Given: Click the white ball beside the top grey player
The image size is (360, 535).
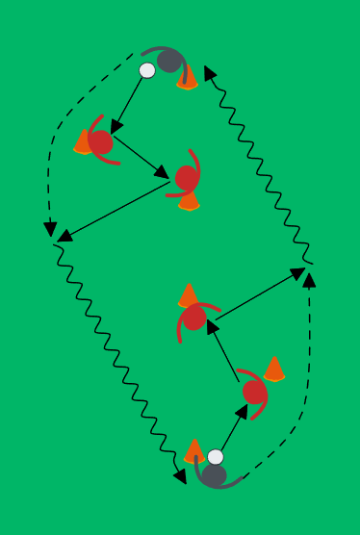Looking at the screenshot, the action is [x=147, y=70].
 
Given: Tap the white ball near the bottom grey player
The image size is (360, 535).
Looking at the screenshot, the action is [x=216, y=457].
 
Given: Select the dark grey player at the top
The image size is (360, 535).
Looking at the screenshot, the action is [x=170, y=62].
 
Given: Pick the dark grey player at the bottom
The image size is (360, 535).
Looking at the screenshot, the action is [x=214, y=474].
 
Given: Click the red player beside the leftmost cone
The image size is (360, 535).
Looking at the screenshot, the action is [x=101, y=142].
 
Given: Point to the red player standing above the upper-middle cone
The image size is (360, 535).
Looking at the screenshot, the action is [x=187, y=177].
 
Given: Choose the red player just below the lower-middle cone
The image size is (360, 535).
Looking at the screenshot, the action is [x=194, y=318].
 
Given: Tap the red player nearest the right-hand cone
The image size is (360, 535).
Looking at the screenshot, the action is [x=254, y=392].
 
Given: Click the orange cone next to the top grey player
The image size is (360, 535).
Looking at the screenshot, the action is [x=188, y=78].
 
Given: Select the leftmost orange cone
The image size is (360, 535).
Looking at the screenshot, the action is [x=84, y=142].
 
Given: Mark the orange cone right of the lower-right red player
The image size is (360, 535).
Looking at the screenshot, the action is [x=274, y=369].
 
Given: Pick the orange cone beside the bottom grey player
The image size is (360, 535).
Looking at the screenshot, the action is [x=194, y=450].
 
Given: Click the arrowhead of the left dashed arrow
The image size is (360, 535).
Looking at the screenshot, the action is [x=50, y=229].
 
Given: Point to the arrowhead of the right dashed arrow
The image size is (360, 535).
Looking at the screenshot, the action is [x=309, y=278].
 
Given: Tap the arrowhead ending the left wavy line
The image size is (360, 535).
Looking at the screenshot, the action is [x=181, y=477].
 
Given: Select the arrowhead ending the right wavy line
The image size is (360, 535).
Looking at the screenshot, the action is [x=209, y=72].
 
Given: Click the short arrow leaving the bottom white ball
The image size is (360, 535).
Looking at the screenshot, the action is [x=234, y=427].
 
